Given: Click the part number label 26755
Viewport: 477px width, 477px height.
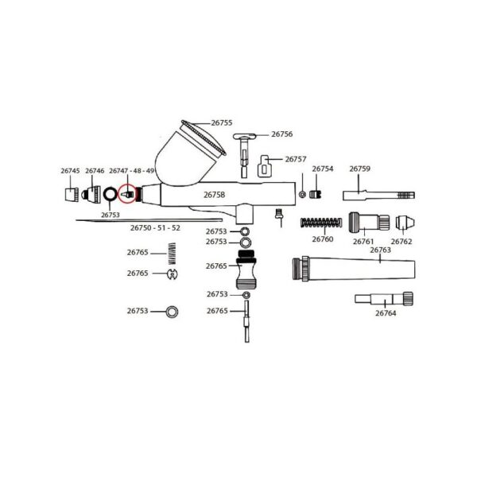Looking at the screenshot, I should pyautogui.click(x=222, y=122).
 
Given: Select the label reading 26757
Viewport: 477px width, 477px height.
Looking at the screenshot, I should pyautogui.click(x=296, y=159).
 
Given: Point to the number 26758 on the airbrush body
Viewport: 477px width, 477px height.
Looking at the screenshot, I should pyautogui.click(x=215, y=194).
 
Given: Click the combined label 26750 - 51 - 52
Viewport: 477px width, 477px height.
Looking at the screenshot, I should pyautogui.click(x=155, y=228).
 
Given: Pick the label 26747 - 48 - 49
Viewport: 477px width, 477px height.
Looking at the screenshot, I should pyautogui.click(x=132, y=171).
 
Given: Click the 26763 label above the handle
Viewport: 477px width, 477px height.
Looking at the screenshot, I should pyautogui.click(x=381, y=250).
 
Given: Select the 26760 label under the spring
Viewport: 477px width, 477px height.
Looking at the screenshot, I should pyautogui.click(x=322, y=239).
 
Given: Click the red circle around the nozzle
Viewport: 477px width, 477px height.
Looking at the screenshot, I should pyautogui.click(x=126, y=193).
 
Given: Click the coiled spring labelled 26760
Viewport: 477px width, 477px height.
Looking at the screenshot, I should pyautogui.click(x=321, y=223).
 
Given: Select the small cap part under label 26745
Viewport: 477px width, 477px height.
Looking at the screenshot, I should pyautogui.click(x=69, y=193).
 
